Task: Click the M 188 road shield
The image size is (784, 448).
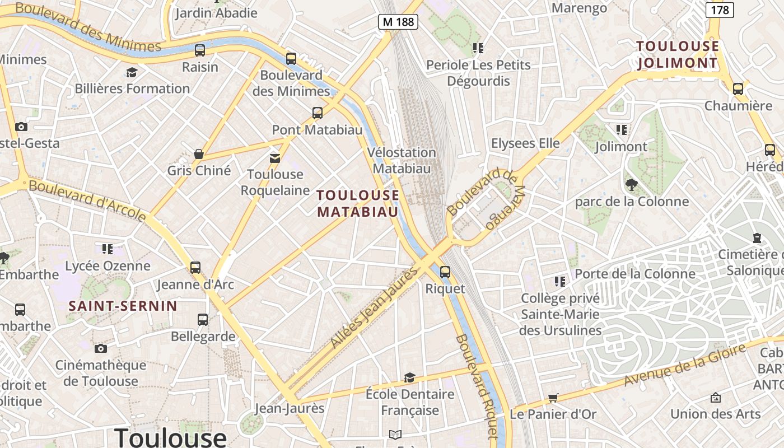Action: [398, 22]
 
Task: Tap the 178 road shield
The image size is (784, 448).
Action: [720, 10]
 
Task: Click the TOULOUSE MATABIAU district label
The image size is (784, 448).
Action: [358, 203]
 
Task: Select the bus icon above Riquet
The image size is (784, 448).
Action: [445, 272]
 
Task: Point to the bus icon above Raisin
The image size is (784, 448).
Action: [200, 50]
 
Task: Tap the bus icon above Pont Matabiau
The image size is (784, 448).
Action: [318, 113]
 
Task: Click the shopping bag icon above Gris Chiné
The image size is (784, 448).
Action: [198, 153]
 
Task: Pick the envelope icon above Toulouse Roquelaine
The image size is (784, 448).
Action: [275, 158]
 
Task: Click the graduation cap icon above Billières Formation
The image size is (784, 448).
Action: [132, 72]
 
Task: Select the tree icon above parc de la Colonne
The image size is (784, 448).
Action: [631, 184]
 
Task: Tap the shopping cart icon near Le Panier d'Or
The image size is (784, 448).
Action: [553, 398]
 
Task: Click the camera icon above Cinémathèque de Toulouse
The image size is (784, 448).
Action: [101, 348]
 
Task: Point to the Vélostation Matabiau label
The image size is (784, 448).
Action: [402, 160]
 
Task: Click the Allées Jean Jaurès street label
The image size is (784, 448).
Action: [374, 307]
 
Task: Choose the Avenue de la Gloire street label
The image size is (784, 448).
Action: [685, 365]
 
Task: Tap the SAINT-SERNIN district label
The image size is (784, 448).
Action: [123, 306]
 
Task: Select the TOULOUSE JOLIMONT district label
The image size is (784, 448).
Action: [678, 54]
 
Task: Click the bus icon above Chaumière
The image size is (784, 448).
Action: [738, 88]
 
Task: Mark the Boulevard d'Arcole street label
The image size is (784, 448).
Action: [87, 200]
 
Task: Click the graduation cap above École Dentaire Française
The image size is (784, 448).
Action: [410, 377]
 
